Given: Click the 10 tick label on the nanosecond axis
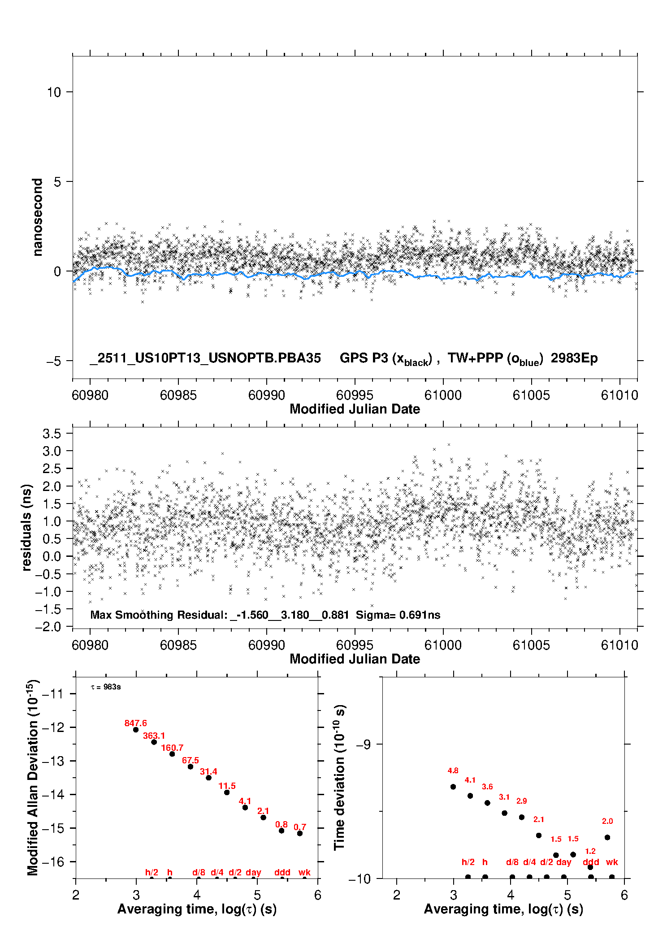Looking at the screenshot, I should (x=53, y=92).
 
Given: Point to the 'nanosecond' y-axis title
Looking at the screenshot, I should (x=37, y=217).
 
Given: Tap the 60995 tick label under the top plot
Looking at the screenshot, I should (x=355, y=395).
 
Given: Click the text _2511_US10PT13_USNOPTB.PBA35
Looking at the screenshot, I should (x=205, y=358).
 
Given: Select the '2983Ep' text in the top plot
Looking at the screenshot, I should (x=574, y=358).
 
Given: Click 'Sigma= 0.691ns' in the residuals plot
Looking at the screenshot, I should (x=398, y=615).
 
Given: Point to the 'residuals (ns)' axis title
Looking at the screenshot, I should (x=26, y=527).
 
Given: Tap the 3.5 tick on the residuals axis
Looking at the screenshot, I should (x=52, y=434).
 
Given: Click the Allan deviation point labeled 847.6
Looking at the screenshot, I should (x=136, y=730).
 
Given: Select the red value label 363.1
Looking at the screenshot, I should (x=154, y=736).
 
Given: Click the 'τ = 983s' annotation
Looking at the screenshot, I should (x=106, y=687).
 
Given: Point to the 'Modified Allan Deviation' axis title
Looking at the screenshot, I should (x=33, y=778).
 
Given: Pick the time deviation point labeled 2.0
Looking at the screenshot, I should (x=607, y=837).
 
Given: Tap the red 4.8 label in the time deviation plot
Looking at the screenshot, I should (x=453, y=771).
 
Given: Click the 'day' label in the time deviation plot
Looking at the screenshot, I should (x=563, y=862).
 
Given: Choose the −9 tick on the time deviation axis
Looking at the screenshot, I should (x=363, y=744).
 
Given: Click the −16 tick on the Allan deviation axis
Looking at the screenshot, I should (x=53, y=861).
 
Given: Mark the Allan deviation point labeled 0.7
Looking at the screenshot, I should (x=300, y=833).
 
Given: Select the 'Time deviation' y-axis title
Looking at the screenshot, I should (x=339, y=778).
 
